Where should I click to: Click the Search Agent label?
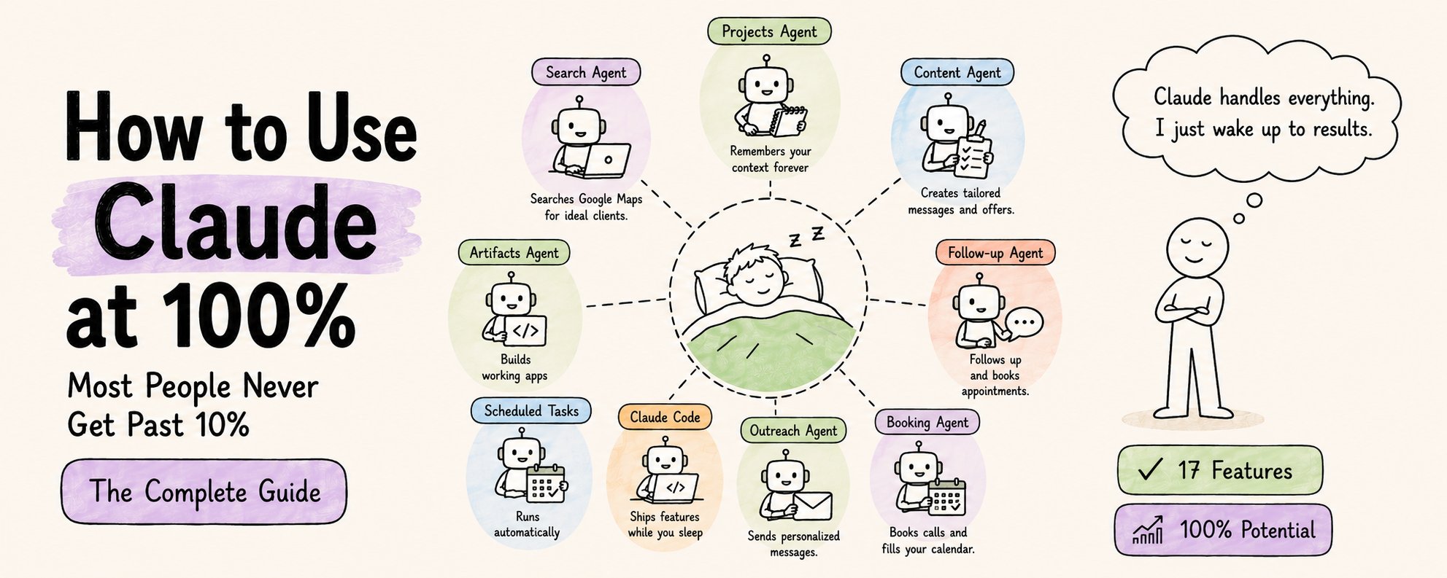click(x=585, y=72)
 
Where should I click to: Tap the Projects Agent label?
click(x=769, y=31)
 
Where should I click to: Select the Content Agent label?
click(x=957, y=72)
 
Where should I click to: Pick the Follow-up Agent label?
click(x=995, y=253)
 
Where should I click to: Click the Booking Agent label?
click(x=927, y=422)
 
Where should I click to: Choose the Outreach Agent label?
click(x=793, y=431)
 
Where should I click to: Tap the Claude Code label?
click(x=665, y=417)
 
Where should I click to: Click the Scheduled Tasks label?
click(x=531, y=411)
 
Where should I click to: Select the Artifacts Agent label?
click(x=514, y=253)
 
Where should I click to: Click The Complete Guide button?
click(x=204, y=491)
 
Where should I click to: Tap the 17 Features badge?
click(x=1219, y=470)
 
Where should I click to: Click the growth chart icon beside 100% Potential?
click(x=1148, y=530)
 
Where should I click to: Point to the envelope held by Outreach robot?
click(x=812, y=506)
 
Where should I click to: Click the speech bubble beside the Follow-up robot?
click(x=1025, y=322)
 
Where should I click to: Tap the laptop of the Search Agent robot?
click(x=606, y=160)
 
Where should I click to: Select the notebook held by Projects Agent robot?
click(x=789, y=121)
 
